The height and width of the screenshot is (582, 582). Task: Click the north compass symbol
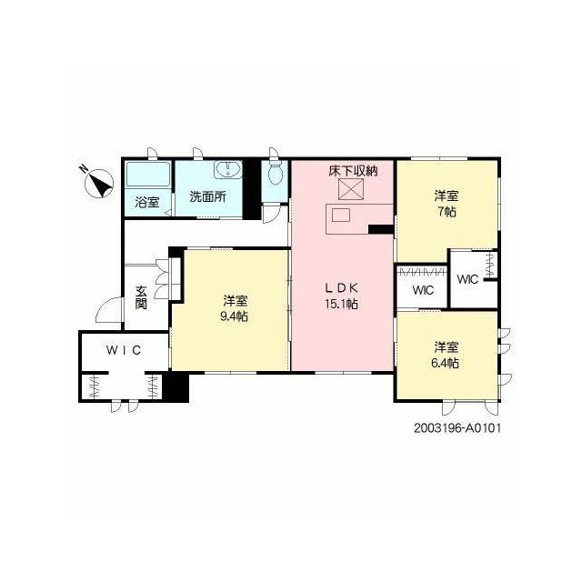(98, 182)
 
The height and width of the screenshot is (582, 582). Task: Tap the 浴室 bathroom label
(147, 202)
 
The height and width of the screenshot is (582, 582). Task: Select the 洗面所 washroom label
(208, 196)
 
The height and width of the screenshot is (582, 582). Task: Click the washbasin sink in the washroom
(227, 170)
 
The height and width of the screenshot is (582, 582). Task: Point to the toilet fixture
(275, 173)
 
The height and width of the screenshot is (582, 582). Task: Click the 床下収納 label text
(353, 171)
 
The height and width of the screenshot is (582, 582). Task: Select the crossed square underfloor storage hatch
(351, 188)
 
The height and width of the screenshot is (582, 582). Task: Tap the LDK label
(342, 287)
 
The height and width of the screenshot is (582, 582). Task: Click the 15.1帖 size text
(342, 305)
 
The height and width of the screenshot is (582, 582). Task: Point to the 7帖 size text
(447, 212)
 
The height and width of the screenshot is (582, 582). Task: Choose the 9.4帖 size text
(235, 316)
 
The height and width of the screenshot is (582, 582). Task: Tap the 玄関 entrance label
(141, 297)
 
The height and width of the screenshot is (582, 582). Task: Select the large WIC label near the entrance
(124, 350)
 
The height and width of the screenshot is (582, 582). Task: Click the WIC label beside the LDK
(423, 290)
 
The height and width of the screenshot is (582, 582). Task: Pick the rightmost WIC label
(467, 279)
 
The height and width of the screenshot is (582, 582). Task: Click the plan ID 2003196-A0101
(457, 428)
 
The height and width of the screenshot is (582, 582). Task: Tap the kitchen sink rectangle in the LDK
(341, 216)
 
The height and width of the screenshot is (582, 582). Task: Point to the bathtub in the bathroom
(147, 175)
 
